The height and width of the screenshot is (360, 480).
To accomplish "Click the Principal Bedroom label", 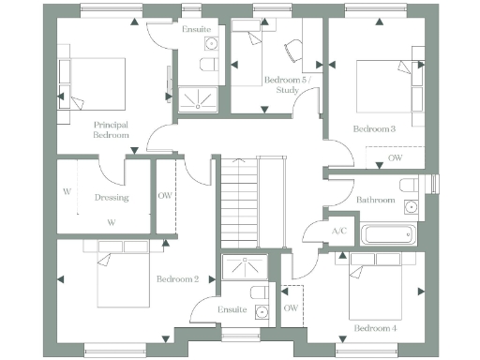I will pos(111,129).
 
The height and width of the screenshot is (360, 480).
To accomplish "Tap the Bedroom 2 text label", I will pos(177,279).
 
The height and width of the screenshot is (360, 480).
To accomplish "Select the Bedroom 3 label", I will pos(374,128).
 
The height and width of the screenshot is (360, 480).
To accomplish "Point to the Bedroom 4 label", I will pos(375,328).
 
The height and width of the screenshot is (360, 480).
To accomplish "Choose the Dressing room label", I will pos(112,198).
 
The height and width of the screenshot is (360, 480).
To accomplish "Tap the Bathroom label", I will pos(375,200).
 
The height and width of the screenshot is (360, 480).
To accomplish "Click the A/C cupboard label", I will pos(339,232).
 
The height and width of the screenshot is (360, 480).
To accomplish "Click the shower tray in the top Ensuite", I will pos(196,97).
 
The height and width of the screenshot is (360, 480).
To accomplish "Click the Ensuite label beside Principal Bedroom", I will pos(196,30).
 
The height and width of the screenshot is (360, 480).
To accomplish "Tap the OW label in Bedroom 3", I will pos(397,159).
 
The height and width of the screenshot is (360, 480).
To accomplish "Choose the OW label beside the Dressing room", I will pos(165,196).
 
